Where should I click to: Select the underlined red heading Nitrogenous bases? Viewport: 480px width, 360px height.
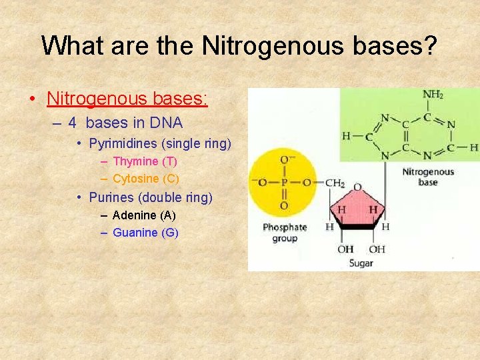pos(127,99)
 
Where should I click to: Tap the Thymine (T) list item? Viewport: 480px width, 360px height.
pos(145,161)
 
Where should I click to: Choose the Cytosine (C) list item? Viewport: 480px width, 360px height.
pos(146,179)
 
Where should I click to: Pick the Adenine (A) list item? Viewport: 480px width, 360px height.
pos(144,215)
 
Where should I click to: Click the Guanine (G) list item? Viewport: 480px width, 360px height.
pos(145,233)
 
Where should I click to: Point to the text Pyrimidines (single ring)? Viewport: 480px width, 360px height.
pos(160,143)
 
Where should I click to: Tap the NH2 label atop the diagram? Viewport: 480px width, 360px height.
pos(433,95)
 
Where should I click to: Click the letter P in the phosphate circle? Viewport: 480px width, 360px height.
pos(284,182)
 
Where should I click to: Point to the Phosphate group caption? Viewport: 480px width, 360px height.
pos(285,233)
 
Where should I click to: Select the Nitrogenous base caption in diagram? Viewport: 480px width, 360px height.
pos(428,177)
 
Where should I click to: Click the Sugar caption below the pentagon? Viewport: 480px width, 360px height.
pos(361,263)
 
